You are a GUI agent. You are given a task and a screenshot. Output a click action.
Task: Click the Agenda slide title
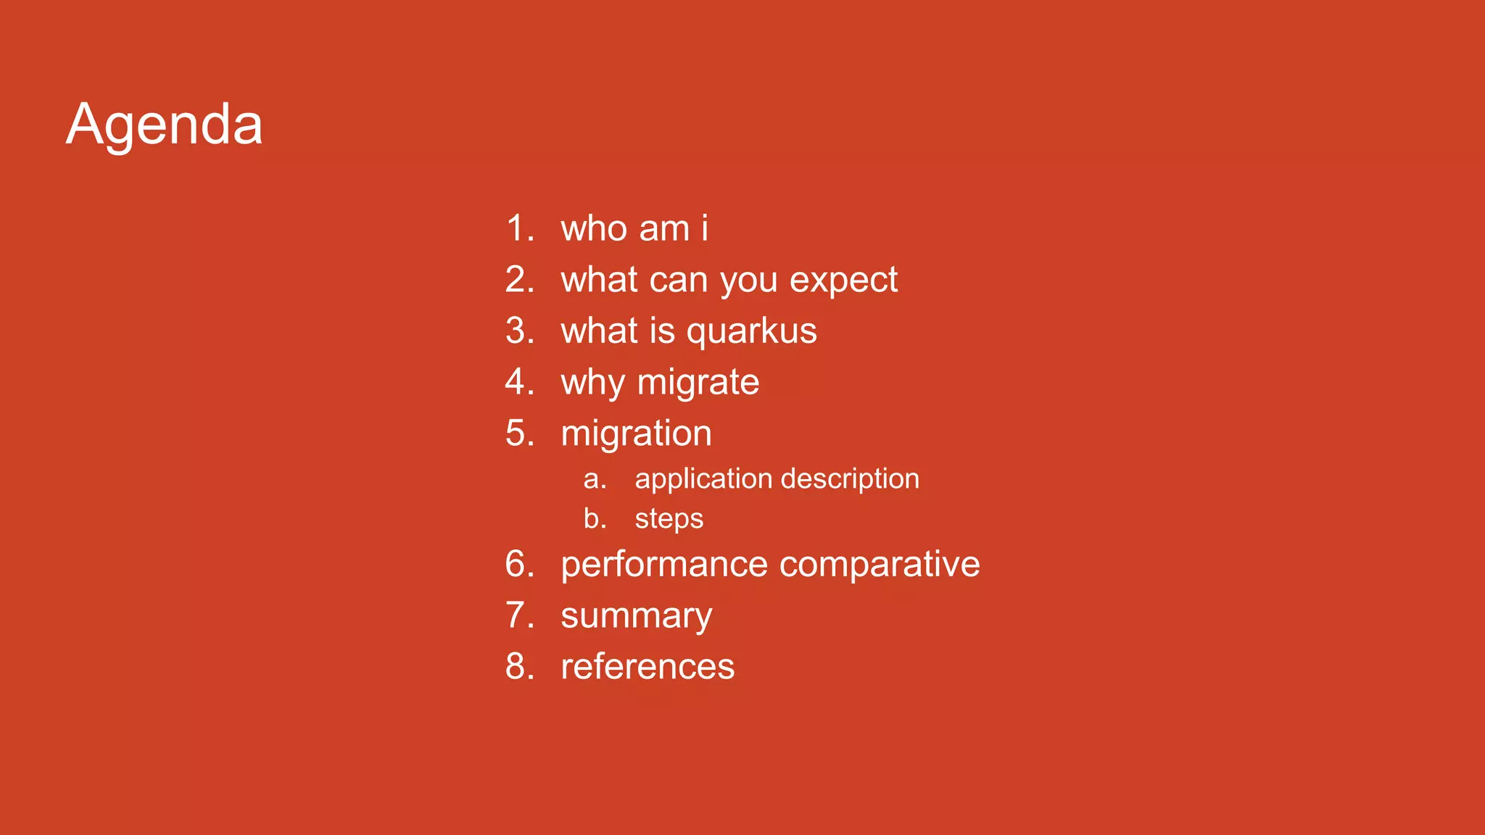coord(165,125)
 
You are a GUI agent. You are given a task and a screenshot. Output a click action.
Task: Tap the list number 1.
coord(519,228)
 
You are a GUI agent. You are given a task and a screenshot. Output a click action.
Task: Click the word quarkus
coord(751,331)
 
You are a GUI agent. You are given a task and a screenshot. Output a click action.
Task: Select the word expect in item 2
coord(843,281)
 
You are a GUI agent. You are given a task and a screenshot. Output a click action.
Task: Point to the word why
coord(592,383)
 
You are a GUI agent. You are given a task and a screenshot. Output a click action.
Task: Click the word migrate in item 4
coord(698,383)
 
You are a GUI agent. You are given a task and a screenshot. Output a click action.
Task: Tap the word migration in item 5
coord(636,434)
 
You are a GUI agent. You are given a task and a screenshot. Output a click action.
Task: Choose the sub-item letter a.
coord(594,479)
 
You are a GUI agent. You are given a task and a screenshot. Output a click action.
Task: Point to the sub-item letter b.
coord(594,518)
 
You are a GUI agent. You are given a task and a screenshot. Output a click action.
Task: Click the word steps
coord(669,520)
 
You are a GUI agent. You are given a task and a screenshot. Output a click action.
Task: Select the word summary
coord(636,617)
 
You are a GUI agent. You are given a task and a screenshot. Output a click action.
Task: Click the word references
coord(647,667)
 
